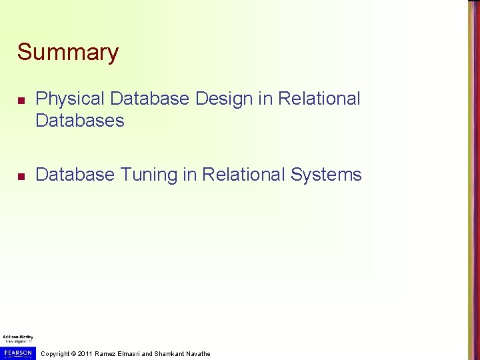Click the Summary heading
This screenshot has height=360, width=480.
coord(68,52)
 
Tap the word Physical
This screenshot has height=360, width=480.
coord(70,99)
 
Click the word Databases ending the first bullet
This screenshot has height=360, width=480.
coord(80,121)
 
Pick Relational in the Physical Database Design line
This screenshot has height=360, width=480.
coord(319,99)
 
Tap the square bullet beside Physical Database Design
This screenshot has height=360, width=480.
coord(21,100)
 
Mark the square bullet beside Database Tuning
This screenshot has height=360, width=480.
coord(21,176)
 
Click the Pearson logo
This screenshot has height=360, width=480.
coord(18,353)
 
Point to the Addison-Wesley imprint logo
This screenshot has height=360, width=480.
coord(18,338)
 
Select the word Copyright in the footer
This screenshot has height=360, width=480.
coord(56,353)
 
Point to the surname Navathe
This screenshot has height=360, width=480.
coord(199,353)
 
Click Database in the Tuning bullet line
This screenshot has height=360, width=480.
coord(74,175)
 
